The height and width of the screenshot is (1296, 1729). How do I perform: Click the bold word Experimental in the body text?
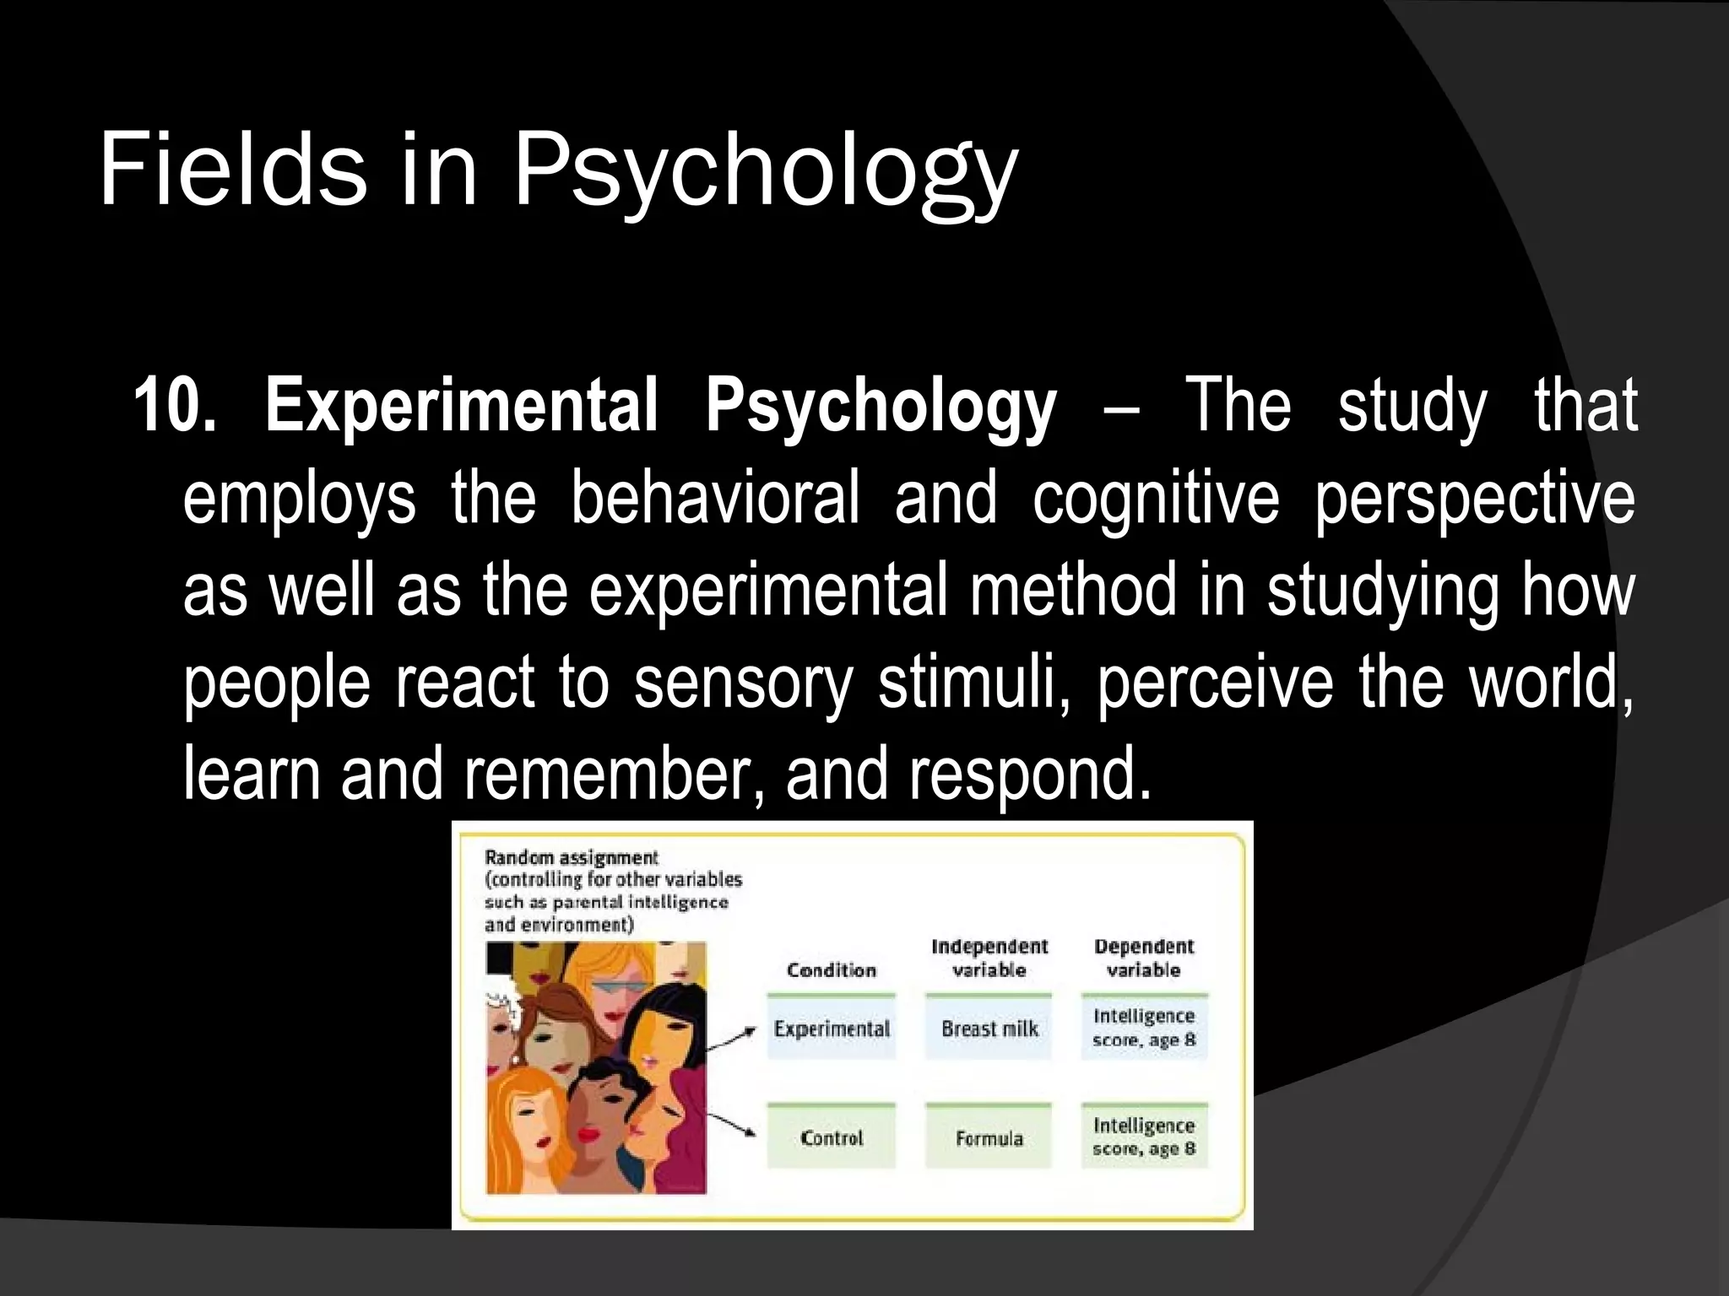(461, 406)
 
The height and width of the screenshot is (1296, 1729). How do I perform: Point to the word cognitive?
(1156, 498)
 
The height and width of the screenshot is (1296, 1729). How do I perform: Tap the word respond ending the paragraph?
(1030, 775)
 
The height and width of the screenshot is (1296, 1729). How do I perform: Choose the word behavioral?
(714, 498)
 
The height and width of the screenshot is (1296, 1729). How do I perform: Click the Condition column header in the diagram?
(832, 970)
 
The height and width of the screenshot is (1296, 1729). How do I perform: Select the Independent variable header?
(989, 958)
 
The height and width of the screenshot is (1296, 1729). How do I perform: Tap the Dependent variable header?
(1144, 958)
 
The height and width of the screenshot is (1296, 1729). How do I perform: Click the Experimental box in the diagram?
(832, 1029)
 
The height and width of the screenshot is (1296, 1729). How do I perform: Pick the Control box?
(832, 1138)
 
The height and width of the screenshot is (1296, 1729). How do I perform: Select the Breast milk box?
(989, 1029)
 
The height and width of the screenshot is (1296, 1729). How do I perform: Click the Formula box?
(989, 1138)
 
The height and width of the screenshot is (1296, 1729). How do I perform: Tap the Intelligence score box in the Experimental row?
(1144, 1028)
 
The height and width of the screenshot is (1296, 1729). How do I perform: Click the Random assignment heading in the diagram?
(571, 857)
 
